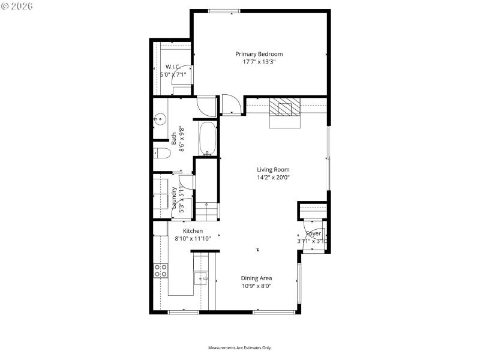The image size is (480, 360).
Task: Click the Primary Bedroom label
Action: [x=259, y=54]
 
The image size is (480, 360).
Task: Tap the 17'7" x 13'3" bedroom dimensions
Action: [x=259, y=62]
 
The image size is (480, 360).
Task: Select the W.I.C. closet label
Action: [x=173, y=67]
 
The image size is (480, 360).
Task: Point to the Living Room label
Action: [x=273, y=170]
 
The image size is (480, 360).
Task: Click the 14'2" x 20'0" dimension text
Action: [x=273, y=178]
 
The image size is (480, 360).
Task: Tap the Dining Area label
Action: [x=256, y=278]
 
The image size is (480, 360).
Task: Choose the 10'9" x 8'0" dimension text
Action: [x=256, y=286]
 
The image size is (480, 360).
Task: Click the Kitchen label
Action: [x=193, y=230]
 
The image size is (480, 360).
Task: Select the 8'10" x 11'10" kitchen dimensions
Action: [x=193, y=238]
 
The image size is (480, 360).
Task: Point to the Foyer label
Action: [x=313, y=233]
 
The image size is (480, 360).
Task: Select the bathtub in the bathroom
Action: [x=207, y=139]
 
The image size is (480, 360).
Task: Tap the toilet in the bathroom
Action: [x=161, y=153]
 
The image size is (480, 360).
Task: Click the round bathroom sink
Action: [x=160, y=119]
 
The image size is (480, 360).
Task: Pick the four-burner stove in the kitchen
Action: [x=160, y=270]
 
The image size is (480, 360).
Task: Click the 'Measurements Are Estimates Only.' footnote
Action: [x=240, y=347]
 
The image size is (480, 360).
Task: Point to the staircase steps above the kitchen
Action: [x=207, y=210]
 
